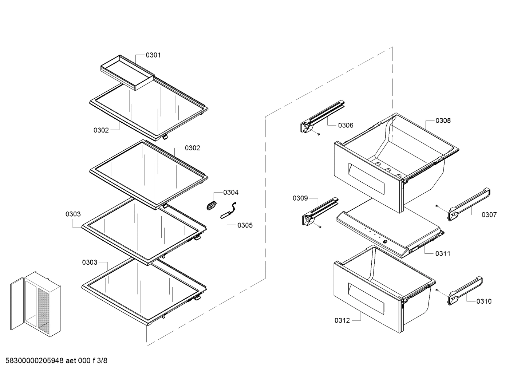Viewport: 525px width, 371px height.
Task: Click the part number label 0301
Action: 153,55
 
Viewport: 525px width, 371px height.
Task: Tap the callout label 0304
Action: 231,192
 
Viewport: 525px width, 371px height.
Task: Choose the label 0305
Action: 245,225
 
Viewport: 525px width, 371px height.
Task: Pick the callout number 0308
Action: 443,121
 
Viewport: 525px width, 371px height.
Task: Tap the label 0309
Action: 300,198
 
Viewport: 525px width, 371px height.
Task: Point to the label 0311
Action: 442,254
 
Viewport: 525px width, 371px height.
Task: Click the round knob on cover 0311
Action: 384,241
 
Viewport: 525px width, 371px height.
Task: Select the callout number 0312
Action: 342,320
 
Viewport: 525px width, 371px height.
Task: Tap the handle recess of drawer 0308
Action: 366,178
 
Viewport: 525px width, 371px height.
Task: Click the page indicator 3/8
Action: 102,361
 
